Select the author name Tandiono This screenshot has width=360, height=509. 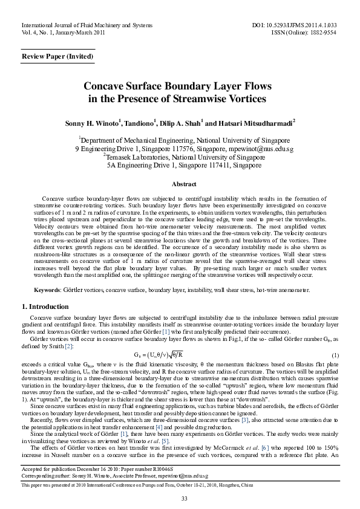point(140,123)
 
